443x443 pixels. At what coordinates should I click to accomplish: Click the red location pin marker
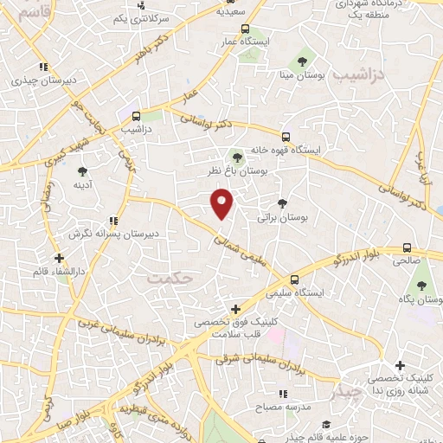[222, 204]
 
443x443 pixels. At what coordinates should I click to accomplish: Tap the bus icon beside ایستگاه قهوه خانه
[286, 137]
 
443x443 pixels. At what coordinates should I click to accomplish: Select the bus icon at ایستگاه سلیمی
[295, 279]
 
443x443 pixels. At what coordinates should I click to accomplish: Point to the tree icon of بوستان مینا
[303, 61]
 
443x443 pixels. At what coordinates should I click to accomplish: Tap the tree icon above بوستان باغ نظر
[237, 157]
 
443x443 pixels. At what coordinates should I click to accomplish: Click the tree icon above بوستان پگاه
[422, 286]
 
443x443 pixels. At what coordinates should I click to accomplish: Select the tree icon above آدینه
[83, 171]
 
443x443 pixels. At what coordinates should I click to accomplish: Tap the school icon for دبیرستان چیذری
[42, 68]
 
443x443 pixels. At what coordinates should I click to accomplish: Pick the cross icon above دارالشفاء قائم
[58, 258]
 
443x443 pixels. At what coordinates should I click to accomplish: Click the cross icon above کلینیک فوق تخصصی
[235, 308]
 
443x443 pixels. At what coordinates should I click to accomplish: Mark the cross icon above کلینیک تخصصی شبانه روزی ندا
[399, 366]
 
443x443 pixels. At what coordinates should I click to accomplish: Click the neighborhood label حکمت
[166, 278]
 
